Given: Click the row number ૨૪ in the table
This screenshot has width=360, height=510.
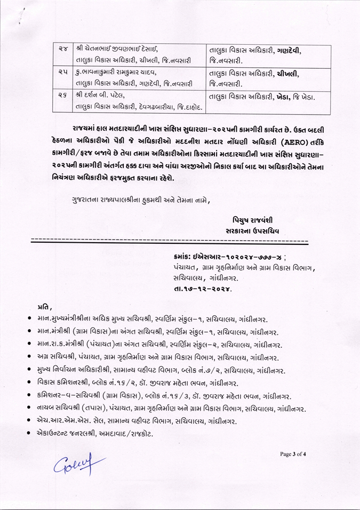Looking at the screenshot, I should point(62,49).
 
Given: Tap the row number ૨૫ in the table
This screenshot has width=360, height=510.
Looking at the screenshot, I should point(62,71).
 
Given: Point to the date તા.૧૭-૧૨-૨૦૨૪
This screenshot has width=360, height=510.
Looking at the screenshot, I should point(203,288).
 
